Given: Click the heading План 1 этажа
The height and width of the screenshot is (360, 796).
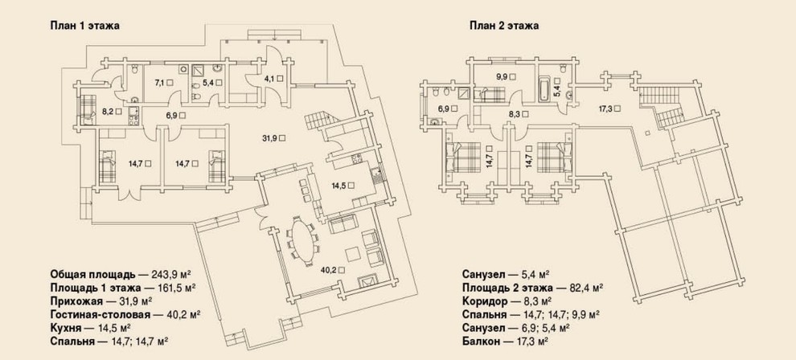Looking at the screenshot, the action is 84,26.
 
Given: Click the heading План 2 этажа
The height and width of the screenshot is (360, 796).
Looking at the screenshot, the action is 504,26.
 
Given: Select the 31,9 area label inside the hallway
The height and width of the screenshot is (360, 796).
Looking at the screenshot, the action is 273,137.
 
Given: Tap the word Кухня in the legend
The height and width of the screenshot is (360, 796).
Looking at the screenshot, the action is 66,327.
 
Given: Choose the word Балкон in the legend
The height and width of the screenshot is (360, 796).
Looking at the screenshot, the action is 479,342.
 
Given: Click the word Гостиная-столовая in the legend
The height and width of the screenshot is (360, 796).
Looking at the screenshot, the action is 100,314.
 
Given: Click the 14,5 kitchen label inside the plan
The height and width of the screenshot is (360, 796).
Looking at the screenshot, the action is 339,186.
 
